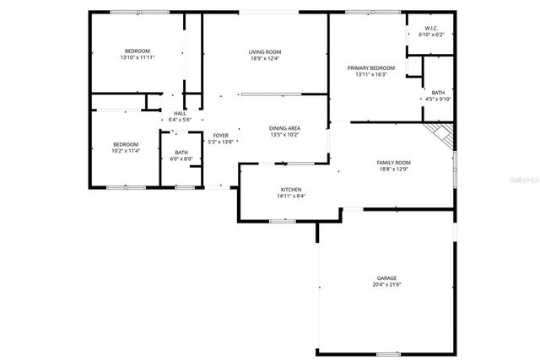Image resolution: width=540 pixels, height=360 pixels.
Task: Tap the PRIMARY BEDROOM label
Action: pos(371,67)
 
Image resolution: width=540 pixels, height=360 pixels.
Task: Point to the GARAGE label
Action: pos(386,278)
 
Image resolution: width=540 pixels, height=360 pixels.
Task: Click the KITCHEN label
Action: pos(291,190)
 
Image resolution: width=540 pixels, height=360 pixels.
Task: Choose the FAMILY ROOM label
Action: pos(393,162)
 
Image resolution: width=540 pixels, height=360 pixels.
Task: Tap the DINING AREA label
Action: pos(285,128)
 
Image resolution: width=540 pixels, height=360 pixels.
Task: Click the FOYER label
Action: pos(220,135)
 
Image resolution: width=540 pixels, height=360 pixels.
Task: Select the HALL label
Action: pos(180,113)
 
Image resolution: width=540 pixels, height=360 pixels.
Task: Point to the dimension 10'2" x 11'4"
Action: pos(126,152)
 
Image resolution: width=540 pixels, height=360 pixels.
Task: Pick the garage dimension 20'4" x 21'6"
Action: pos(386,285)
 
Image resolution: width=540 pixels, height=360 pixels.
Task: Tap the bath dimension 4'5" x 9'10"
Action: pos(437,99)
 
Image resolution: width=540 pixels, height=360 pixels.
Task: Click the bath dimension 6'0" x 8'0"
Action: pos(181,159)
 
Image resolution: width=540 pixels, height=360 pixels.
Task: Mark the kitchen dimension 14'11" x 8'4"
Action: pos(291,196)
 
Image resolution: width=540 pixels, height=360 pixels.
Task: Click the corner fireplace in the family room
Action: pos(440,133)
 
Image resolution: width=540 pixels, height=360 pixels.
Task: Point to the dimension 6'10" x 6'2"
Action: pos(430,35)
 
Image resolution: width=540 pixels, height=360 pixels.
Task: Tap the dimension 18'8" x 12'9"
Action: pos(393,169)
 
